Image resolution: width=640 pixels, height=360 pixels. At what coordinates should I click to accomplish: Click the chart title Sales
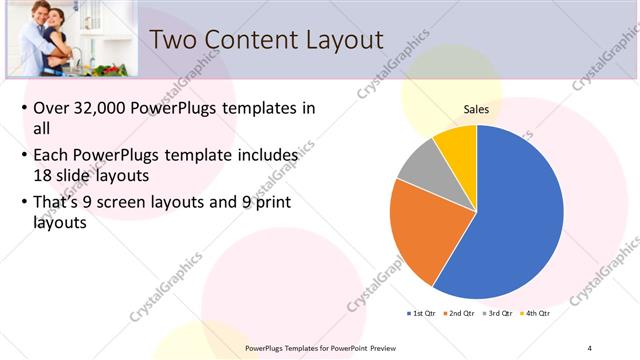point(475,109)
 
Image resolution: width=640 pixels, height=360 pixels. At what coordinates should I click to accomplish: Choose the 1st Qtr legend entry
point(422,314)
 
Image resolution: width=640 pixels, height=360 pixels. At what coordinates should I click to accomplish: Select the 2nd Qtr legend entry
point(461,314)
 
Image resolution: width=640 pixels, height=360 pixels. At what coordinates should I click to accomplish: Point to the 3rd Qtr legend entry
point(498,314)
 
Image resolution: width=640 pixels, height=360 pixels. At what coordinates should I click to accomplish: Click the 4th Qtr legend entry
point(536,314)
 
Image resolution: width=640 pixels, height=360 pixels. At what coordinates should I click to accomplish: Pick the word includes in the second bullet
point(265,156)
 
